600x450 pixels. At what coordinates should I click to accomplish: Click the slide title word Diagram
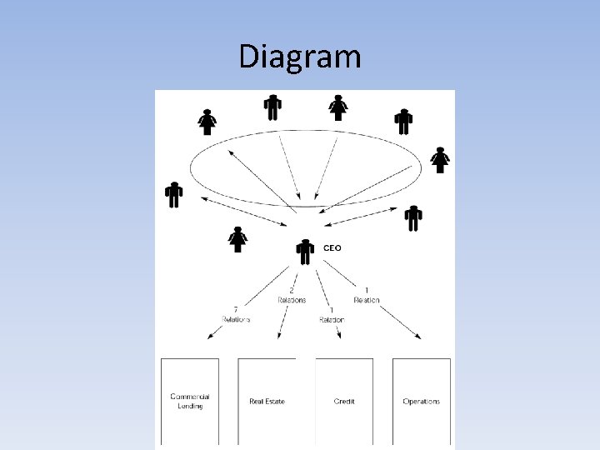coord(300,57)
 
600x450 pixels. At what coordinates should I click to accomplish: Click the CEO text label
coord(332,247)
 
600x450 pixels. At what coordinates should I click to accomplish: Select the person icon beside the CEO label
coord(306,252)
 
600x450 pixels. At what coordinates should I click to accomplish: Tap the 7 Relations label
coord(236,314)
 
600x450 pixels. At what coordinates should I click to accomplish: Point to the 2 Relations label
coord(291,296)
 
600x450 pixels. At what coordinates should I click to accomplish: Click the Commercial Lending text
coord(190,402)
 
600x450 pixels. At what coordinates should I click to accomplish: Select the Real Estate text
coord(267,402)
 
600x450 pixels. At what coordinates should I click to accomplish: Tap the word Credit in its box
coord(344,402)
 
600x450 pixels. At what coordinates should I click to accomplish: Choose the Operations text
coord(421,402)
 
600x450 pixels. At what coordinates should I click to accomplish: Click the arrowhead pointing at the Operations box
coord(417,337)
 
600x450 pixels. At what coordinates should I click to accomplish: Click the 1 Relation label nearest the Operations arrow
coord(367,296)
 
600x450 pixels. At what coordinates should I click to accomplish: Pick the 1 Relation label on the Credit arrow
coord(331,315)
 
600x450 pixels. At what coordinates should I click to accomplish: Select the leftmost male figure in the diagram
coord(173,194)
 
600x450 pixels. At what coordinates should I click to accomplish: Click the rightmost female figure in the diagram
coord(440,159)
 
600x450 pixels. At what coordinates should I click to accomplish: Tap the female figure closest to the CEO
coord(238,239)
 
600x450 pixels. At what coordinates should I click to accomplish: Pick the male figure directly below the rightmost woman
coord(413,218)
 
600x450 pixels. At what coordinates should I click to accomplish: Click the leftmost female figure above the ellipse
coord(207,122)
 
